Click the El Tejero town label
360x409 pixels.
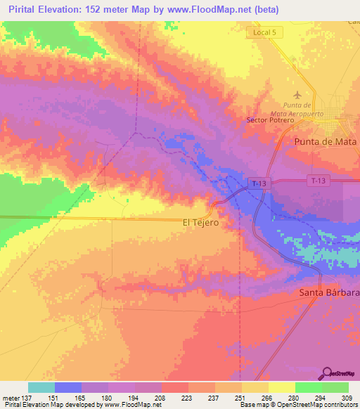click(x=200, y=223)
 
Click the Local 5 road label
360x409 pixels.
click(x=264, y=32)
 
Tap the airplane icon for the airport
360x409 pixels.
click(x=298, y=94)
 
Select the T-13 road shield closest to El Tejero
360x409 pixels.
click(x=258, y=183)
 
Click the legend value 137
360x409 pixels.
click(x=27, y=398)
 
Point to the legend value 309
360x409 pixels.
click(x=348, y=398)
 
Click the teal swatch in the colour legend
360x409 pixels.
click(x=41, y=387)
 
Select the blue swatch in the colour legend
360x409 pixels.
click(x=67, y=387)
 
